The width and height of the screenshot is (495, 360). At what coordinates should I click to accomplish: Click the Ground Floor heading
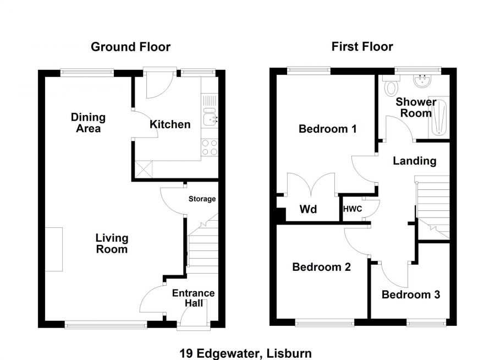tap(130, 47)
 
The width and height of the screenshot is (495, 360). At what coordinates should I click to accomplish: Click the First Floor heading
tap(362, 47)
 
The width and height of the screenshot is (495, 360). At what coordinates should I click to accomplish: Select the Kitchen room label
tap(170, 124)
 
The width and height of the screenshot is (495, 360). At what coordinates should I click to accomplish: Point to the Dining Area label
tap(88, 123)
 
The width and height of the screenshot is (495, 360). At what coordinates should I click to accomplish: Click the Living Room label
tap(112, 243)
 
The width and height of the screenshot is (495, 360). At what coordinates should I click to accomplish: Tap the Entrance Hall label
tap(193, 298)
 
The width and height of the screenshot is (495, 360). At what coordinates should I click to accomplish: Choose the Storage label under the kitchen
tap(202, 199)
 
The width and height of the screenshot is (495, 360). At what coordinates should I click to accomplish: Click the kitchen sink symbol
tap(210, 117)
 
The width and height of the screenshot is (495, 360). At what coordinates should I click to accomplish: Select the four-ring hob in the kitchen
tap(210, 148)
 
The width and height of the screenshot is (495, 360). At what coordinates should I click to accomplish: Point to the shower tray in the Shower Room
tap(439, 117)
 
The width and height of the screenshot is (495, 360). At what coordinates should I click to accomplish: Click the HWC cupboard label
tap(352, 210)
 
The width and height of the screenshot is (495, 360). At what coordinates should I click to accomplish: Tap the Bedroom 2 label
tap(321, 267)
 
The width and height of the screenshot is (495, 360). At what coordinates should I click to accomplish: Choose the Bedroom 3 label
tap(411, 294)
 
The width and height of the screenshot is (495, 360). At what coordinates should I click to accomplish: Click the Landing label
tap(414, 161)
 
